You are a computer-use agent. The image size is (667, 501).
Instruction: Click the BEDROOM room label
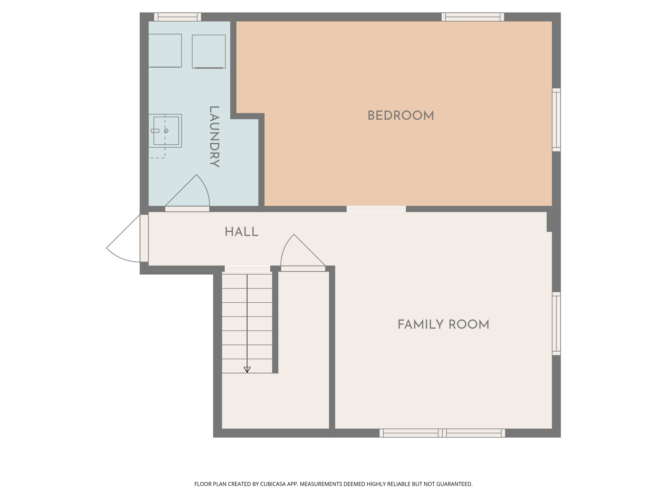[400, 116]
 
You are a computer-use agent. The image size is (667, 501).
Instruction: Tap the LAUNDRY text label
[214, 136]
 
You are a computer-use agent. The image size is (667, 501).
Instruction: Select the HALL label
[241, 232]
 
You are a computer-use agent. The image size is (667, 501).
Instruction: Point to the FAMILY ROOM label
[443, 325]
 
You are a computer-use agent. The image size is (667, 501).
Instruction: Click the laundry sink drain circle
[166, 131]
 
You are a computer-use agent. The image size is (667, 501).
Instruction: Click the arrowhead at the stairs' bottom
[247, 370]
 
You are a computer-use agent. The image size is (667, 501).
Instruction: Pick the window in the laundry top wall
[178, 17]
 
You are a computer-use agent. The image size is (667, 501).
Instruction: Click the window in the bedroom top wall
[472, 17]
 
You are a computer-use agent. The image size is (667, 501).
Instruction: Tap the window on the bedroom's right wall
[556, 120]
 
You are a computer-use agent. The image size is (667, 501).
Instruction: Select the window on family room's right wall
[556, 324]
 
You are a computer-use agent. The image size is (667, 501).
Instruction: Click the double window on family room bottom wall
[442, 433]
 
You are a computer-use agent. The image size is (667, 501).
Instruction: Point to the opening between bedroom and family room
[376, 209]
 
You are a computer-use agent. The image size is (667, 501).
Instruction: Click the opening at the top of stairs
[247, 269]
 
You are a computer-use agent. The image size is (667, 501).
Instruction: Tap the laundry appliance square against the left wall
[165, 50]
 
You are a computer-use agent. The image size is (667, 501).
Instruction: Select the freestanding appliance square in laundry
[209, 51]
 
